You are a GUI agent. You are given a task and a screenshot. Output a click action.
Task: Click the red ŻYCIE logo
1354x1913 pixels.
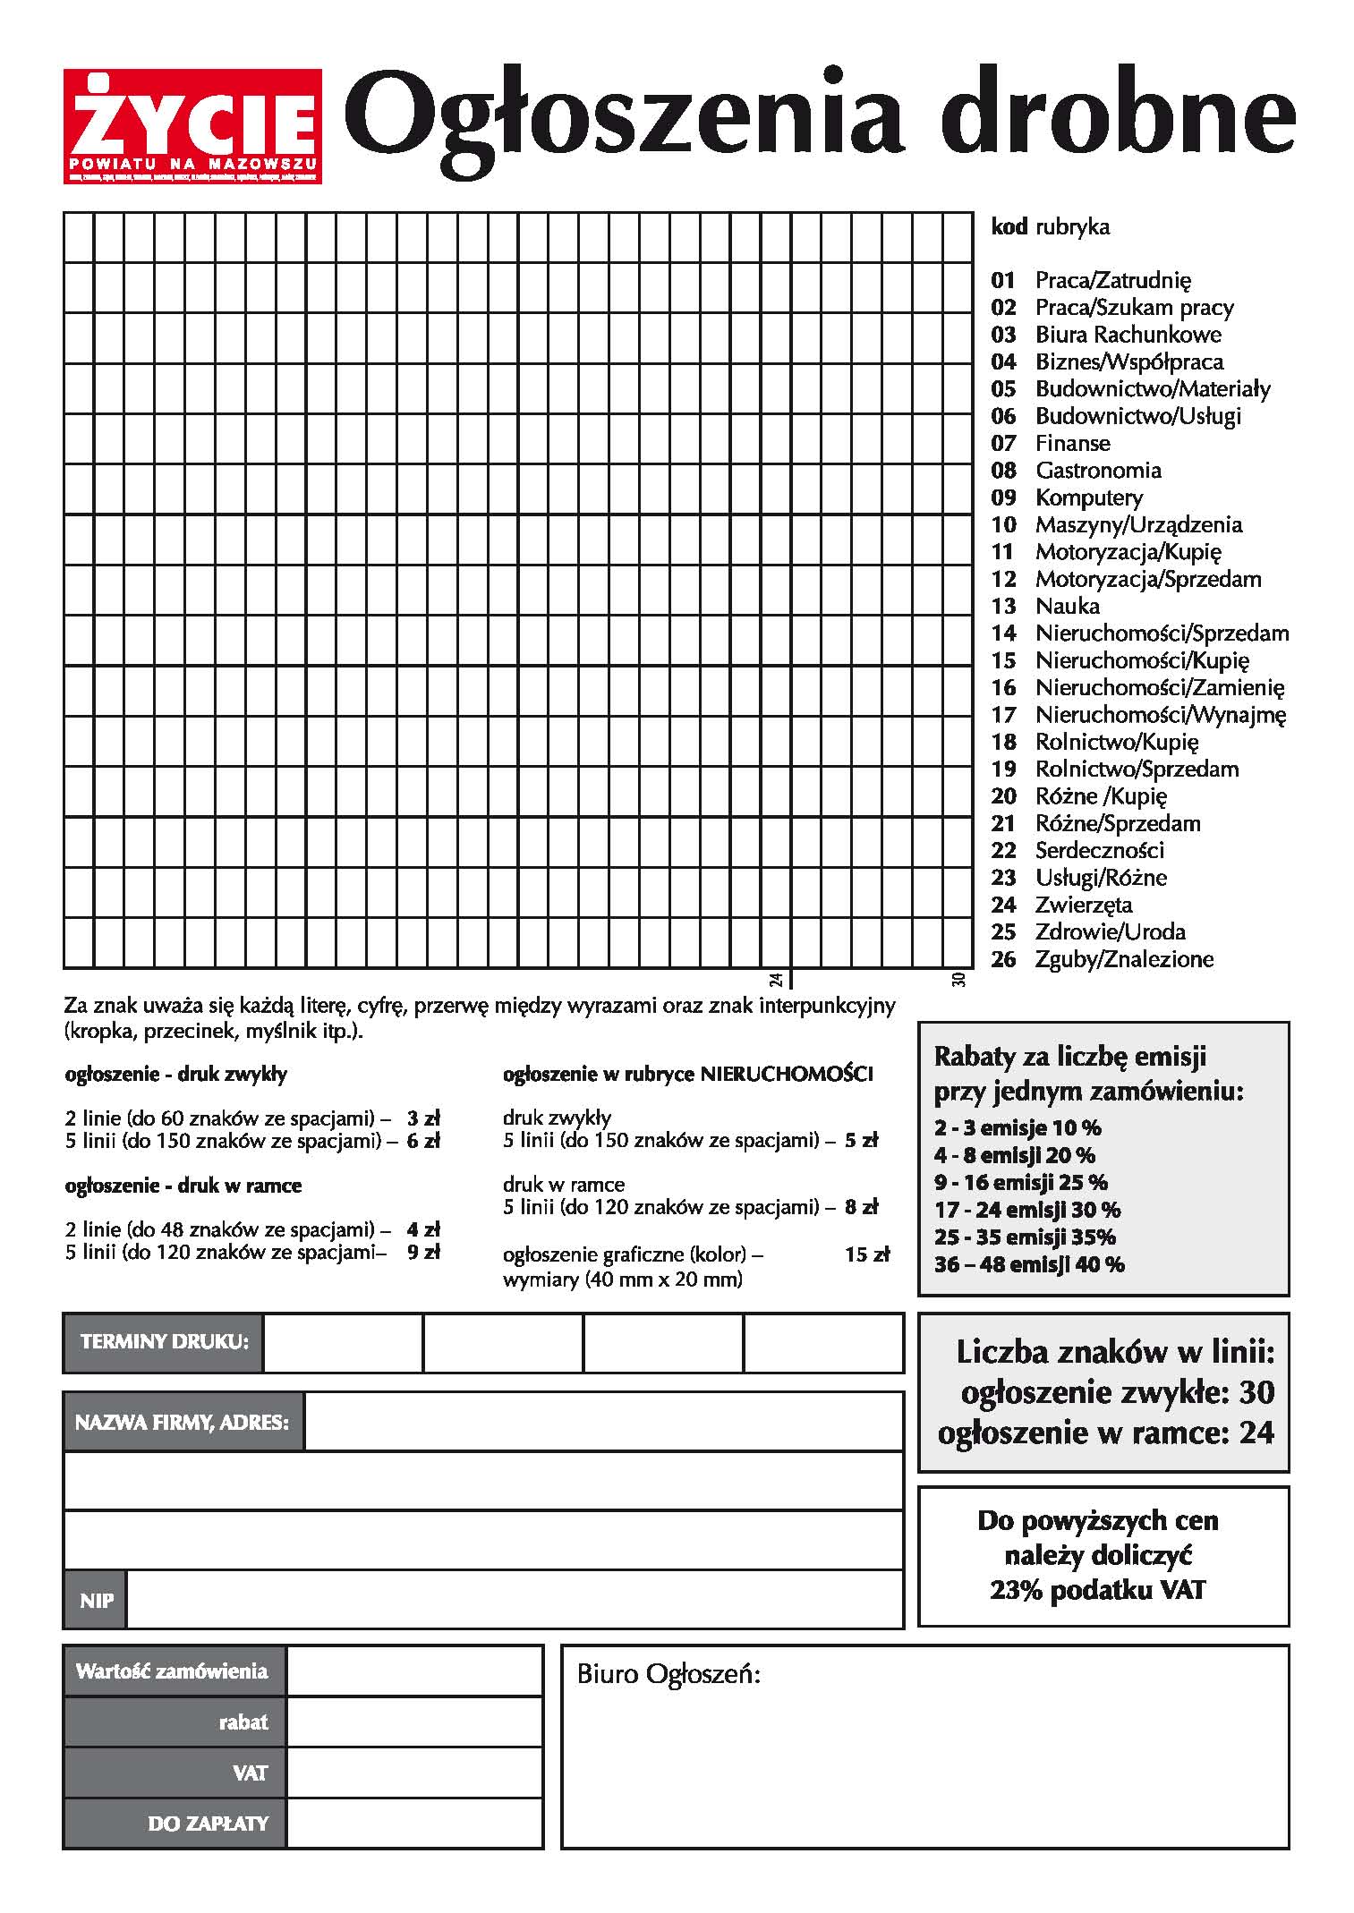192,126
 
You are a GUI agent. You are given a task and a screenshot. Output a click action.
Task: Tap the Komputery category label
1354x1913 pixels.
1088,497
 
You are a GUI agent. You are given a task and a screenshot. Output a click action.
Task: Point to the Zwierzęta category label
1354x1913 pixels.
1083,905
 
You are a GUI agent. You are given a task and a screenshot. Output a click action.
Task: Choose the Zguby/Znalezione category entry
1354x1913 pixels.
1124,959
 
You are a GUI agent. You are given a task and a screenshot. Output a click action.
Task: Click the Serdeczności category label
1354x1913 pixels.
1099,851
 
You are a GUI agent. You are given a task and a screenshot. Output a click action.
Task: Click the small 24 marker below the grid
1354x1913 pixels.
776,980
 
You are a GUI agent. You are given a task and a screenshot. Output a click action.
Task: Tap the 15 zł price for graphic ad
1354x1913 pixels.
866,1254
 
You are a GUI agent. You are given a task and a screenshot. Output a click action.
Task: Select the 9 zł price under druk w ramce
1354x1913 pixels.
423,1252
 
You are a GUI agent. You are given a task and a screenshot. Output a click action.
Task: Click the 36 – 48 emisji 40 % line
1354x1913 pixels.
1029,1264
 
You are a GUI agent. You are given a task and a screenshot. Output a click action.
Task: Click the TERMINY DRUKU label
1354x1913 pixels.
164,1342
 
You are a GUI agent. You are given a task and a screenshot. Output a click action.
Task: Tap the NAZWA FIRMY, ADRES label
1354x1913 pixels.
183,1422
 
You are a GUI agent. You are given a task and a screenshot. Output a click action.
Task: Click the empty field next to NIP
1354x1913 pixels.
515,1600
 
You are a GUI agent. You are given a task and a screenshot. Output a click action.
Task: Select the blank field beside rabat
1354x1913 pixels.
414,1722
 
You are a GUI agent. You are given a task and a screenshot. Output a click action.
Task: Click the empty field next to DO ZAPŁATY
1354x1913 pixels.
414,1823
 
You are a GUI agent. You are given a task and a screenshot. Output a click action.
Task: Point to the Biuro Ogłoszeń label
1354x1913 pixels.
668,1674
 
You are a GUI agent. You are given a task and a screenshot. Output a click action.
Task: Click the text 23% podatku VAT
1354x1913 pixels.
1097,1590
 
